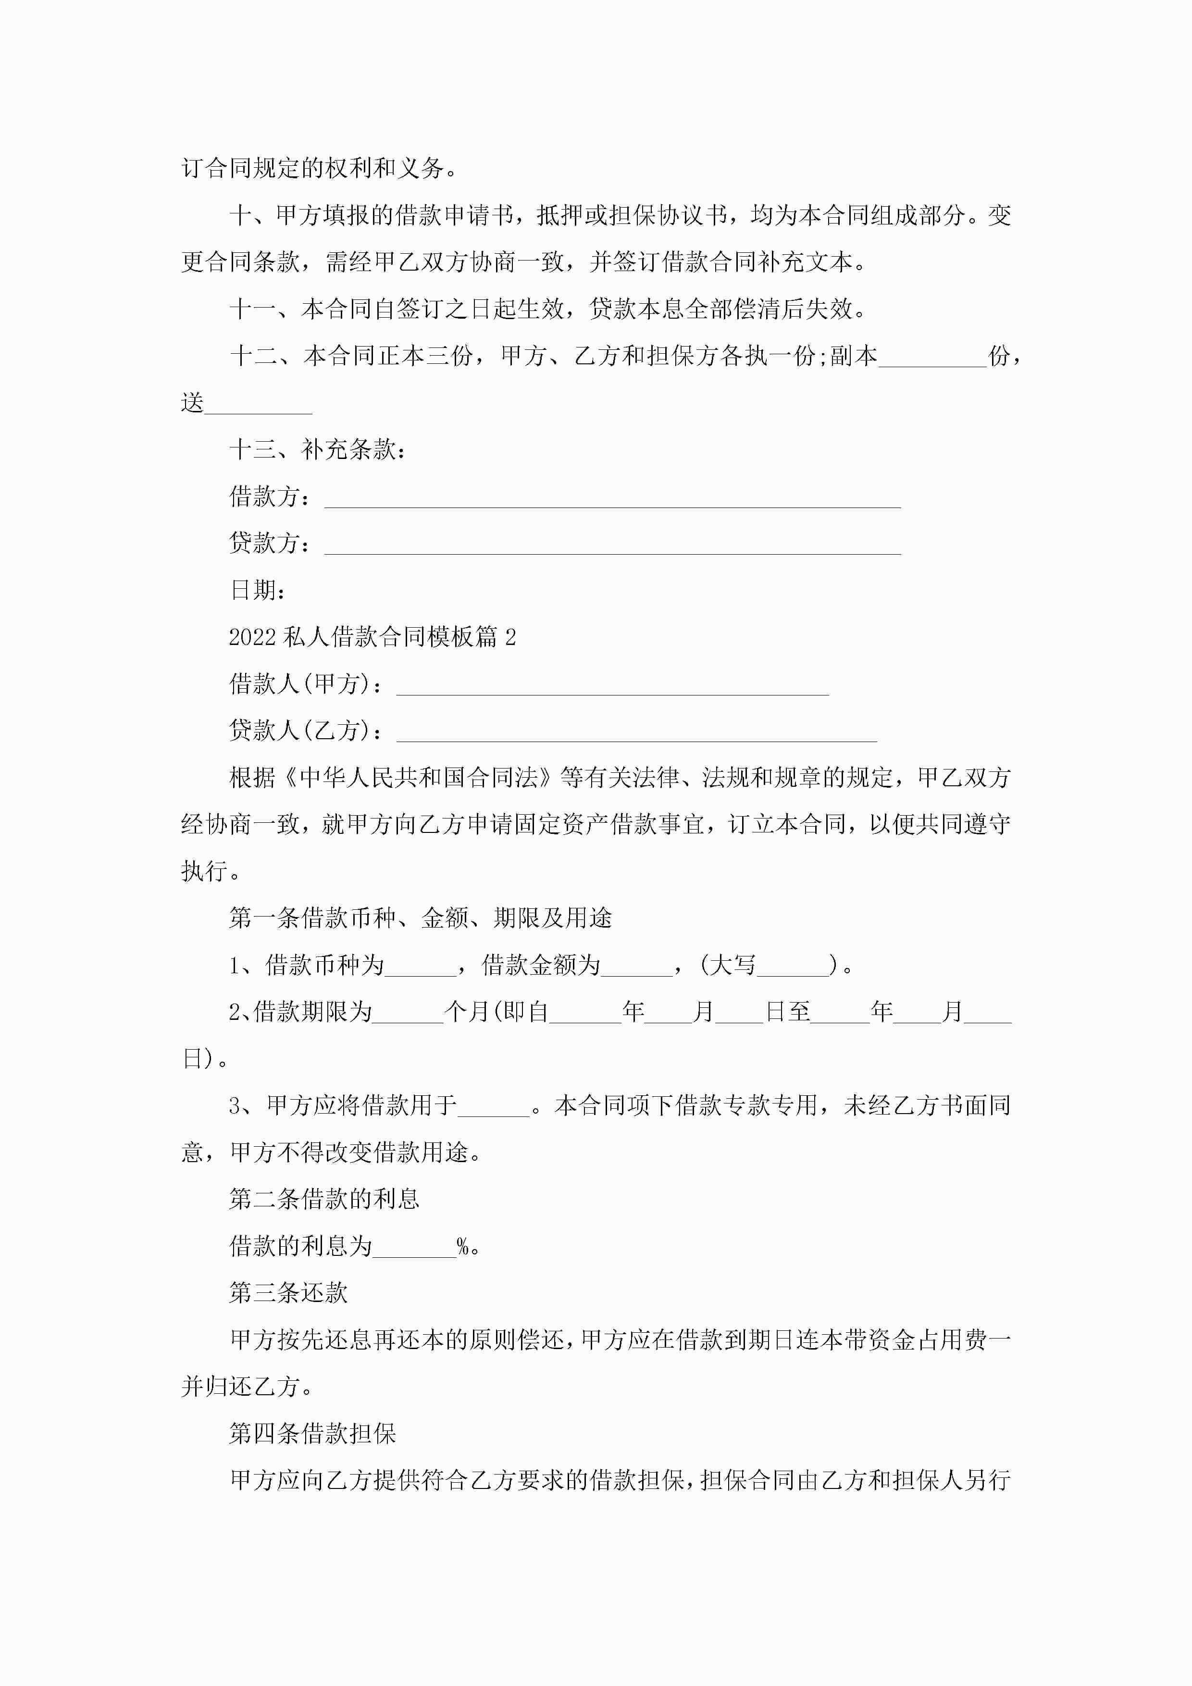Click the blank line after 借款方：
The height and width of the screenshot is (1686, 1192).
click(x=612, y=500)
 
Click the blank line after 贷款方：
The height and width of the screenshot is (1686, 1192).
click(x=612, y=547)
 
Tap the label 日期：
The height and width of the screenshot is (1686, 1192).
click(x=257, y=590)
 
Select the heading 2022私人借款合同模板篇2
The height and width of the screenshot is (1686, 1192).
click(x=372, y=637)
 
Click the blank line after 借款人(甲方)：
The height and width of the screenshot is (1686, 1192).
click(x=612, y=687)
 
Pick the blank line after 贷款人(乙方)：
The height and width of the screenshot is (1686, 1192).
click(x=636, y=733)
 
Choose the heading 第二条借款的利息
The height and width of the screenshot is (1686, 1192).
click(x=324, y=1199)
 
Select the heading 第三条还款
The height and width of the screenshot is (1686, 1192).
click(x=288, y=1293)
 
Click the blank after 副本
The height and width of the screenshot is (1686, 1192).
click(x=932, y=360)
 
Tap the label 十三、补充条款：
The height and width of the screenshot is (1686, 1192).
click(x=317, y=449)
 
